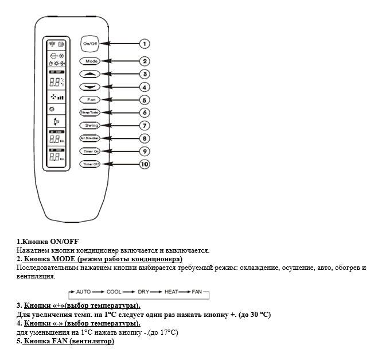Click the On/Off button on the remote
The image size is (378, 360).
click(x=89, y=43)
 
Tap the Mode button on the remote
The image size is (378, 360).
click(x=90, y=61)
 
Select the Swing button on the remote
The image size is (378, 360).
click(x=90, y=125)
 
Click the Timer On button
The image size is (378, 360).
click(x=90, y=151)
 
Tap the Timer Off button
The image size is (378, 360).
click(x=90, y=164)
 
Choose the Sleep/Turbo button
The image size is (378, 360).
click(x=90, y=113)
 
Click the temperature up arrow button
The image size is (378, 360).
click(x=90, y=74)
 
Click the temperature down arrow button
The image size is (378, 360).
click(x=90, y=87)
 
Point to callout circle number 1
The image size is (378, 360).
click(x=145, y=43)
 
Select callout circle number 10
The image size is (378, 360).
click(x=146, y=164)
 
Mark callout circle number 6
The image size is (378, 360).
click(x=145, y=113)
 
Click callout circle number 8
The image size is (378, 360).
click(x=145, y=138)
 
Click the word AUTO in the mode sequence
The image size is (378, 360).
click(x=84, y=292)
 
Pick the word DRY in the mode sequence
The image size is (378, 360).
click(x=143, y=292)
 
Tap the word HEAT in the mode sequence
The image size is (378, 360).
click(x=172, y=292)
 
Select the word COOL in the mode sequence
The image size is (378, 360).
click(x=114, y=292)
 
